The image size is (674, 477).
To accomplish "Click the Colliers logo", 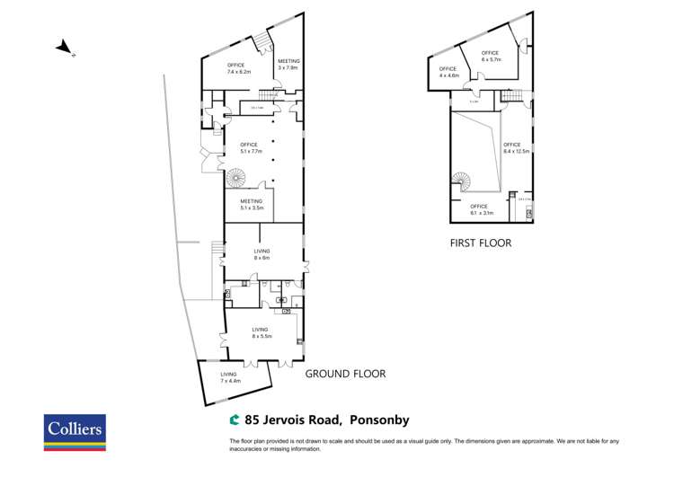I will pyautogui.click(x=75, y=432).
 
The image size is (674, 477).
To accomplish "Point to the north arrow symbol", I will pyautogui.click(x=63, y=48).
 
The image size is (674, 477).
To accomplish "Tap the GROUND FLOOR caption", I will pyautogui.click(x=345, y=374).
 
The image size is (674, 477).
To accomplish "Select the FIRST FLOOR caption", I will pyautogui.click(x=479, y=243).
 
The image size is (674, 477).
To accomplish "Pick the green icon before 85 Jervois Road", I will pyautogui.click(x=235, y=419).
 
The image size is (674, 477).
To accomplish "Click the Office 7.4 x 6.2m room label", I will pyautogui.click(x=237, y=67).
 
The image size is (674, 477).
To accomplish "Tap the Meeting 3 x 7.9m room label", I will pyautogui.click(x=288, y=64).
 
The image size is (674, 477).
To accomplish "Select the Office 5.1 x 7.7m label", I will pyautogui.click(x=249, y=148).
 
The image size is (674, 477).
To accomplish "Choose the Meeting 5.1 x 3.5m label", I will pyautogui.click(x=252, y=205).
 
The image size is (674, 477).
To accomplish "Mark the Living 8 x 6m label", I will pyautogui.click(x=262, y=254).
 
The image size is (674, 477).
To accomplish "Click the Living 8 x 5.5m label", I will pyautogui.click(x=262, y=333).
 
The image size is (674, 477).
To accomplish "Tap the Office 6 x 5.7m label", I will pyautogui.click(x=490, y=56).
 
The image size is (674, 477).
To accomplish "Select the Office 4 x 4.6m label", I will pyautogui.click(x=448, y=73).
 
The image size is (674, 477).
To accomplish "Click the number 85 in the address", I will pyautogui.click(x=253, y=419).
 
